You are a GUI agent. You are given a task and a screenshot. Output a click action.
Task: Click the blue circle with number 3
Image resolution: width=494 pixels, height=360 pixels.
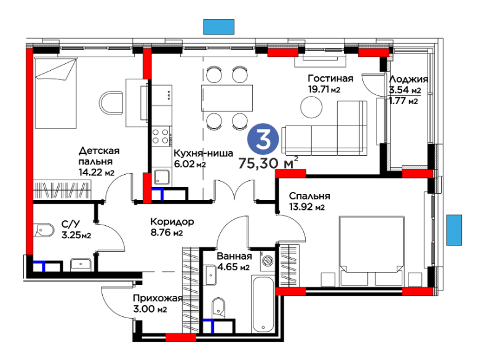pos(263,138)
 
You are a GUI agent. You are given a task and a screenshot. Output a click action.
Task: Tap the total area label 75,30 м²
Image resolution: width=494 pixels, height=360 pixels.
pos(268,162)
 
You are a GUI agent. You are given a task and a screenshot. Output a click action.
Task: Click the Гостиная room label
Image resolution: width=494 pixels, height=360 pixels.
pos(330,78)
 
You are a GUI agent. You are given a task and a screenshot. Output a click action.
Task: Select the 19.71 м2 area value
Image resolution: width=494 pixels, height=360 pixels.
pos(324,89)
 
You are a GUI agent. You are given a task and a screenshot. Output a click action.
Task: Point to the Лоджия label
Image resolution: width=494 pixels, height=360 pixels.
pos(408,79)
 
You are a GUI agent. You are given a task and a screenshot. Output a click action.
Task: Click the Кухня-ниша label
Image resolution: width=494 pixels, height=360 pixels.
pos(204,153)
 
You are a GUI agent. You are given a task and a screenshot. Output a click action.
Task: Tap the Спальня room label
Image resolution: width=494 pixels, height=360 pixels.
pos(309,196)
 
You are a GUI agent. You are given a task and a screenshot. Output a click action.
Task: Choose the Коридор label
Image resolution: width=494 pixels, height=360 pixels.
pos(172,222)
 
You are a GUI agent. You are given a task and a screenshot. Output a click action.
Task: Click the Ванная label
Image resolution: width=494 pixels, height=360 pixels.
pos(234,256)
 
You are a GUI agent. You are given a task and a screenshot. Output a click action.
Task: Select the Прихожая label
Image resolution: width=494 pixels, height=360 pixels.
pos(157,298)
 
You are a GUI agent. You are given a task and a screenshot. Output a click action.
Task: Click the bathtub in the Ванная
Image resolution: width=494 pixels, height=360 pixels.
pos(263,304)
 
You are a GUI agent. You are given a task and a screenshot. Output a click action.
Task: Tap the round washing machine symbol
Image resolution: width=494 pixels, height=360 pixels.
pos(268,260)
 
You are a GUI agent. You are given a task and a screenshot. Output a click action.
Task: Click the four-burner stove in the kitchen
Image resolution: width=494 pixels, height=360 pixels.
pos(161,136)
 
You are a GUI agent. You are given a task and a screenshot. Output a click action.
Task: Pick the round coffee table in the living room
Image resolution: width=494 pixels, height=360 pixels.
pos(311,107)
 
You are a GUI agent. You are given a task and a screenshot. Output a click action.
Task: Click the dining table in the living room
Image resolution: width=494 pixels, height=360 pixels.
pos(227,98)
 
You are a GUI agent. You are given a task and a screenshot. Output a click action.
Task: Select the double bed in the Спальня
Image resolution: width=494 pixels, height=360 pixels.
pos(372,251)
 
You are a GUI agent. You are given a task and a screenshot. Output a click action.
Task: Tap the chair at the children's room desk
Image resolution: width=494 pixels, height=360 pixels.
pos(111,103)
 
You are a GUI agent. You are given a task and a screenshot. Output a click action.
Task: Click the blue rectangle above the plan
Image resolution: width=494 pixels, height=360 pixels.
pos(218,27)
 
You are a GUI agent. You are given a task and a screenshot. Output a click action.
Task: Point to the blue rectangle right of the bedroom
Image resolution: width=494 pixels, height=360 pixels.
pos(454,230)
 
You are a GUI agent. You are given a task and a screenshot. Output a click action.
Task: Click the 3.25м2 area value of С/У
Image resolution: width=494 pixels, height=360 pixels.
pos(76,235)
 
